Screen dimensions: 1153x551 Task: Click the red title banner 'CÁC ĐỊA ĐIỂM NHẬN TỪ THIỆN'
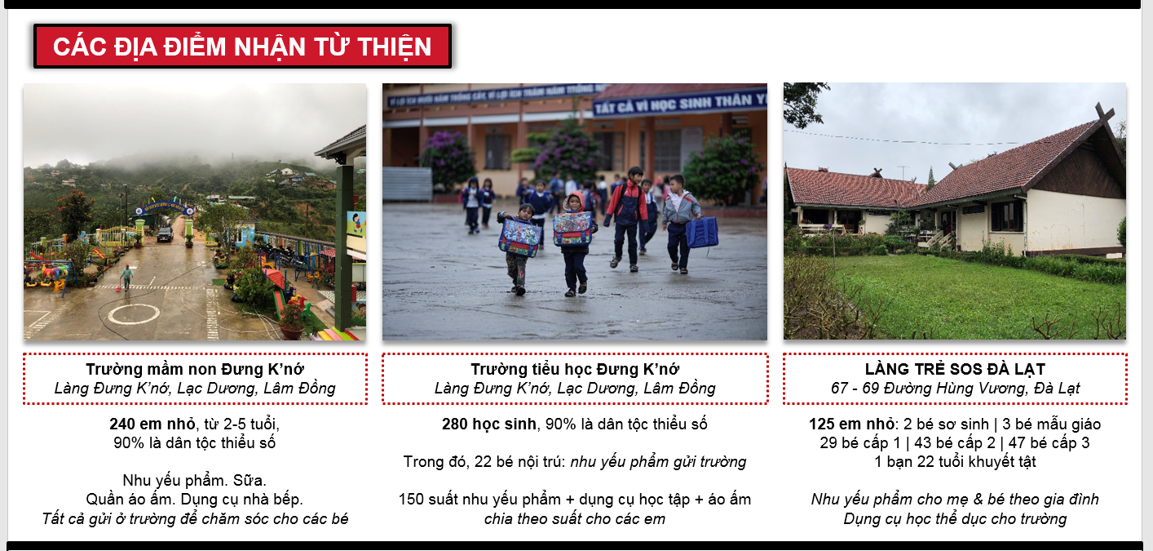[242, 47]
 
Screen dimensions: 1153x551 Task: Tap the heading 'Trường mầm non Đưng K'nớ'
[195, 369]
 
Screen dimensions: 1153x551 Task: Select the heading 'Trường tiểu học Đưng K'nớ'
[574, 369]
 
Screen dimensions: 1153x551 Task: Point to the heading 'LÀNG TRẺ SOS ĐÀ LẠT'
[955, 369]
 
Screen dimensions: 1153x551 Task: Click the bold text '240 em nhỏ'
[152, 424]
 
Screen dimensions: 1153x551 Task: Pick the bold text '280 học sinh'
[489, 424]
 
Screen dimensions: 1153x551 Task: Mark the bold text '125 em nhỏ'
[851, 424]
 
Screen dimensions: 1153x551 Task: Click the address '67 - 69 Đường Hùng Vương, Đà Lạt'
[955, 388]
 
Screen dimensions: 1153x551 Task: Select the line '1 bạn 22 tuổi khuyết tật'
[955, 461]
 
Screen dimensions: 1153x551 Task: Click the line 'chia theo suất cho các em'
[574, 518]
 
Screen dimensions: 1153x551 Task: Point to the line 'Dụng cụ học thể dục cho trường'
[955, 518]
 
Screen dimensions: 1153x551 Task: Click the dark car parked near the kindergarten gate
[166, 235]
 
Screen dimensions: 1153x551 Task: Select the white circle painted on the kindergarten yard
[134, 314]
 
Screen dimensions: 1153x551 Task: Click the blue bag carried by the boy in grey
[703, 233]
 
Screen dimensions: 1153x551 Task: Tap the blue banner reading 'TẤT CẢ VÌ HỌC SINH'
[679, 103]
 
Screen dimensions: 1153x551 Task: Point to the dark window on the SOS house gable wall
[1007, 216]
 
